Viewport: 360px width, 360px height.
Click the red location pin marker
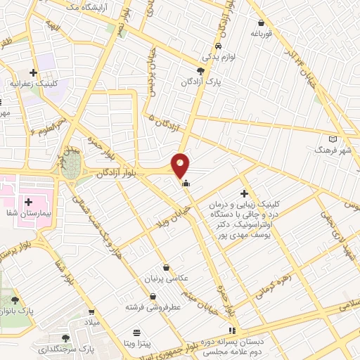[x=181, y=165]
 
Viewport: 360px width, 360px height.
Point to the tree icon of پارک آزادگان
[x=202, y=71]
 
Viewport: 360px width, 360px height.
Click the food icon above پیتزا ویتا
[x=137, y=333]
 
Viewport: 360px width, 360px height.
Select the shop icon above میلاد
[x=91, y=311]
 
